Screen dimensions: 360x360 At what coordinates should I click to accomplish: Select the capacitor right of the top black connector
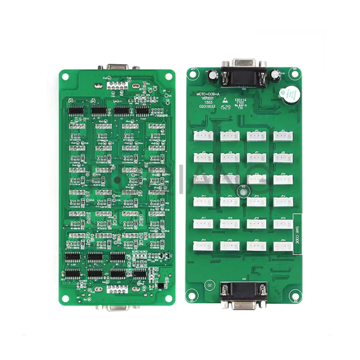[275, 74]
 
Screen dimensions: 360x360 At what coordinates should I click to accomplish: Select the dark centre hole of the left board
[116, 181]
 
